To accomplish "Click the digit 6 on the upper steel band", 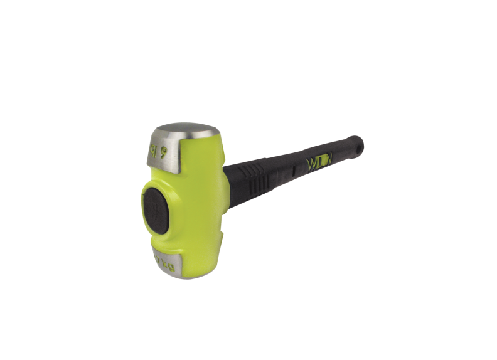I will (x=164, y=149).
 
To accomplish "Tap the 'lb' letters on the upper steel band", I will (x=153, y=151).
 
